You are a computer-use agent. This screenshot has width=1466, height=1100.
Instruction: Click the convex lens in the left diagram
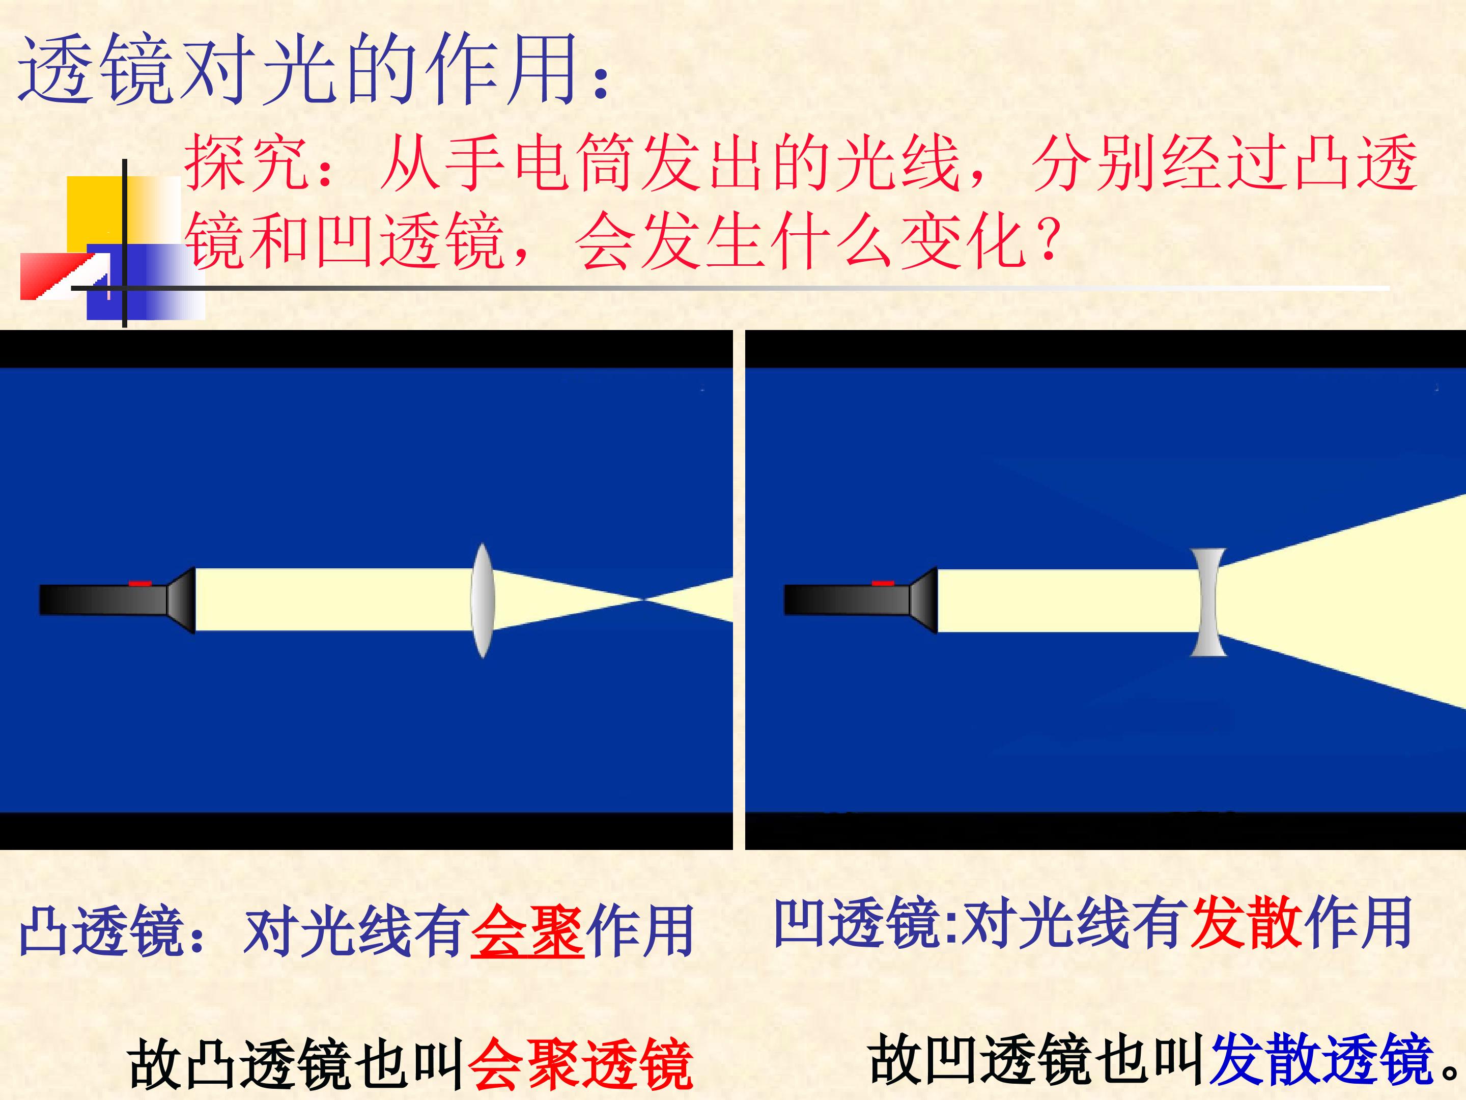click(483, 601)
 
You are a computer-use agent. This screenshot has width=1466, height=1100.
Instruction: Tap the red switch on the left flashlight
click(140, 584)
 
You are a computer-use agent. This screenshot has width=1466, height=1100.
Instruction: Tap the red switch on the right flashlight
click(883, 584)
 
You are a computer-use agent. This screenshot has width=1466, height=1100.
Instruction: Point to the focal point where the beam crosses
click(643, 600)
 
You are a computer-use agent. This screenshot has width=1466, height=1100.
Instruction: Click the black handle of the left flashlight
click(103, 600)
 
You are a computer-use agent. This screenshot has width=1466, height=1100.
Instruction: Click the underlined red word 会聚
click(527, 931)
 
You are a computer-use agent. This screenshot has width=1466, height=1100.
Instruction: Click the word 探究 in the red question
click(246, 163)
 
